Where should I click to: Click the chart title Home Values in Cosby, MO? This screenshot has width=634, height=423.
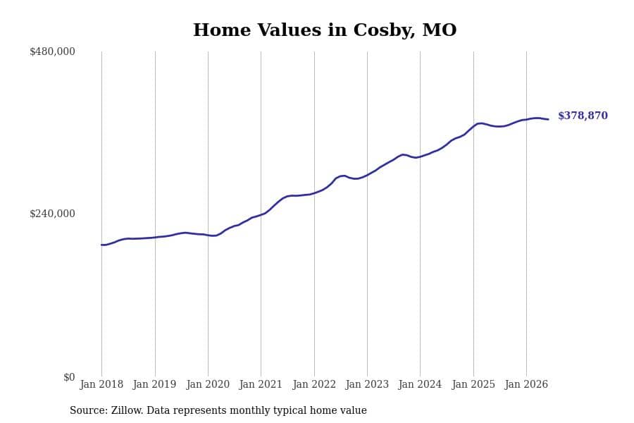tap(325, 30)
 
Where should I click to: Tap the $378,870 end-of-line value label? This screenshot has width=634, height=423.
tap(583, 116)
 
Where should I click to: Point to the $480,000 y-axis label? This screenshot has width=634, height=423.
tap(52, 51)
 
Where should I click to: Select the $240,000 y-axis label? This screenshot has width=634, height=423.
tap(52, 214)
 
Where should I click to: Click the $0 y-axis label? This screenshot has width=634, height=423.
tap(69, 377)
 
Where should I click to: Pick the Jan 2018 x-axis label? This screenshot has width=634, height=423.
tap(101, 384)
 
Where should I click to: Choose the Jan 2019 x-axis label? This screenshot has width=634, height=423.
tap(154, 384)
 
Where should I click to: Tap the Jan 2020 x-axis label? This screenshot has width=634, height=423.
tap(208, 384)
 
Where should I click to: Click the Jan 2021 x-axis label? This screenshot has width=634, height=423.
tap(261, 384)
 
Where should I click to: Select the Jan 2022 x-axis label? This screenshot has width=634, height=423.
tap(314, 384)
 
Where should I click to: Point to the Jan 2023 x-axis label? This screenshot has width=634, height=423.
tap(367, 384)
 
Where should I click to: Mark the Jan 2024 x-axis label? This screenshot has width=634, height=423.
tap(420, 384)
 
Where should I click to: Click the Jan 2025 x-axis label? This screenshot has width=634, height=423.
tap(473, 384)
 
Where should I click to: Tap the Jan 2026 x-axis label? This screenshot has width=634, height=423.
tap(526, 384)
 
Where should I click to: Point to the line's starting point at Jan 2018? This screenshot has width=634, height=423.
tap(101, 245)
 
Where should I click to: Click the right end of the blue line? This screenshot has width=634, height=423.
tap(548, 119)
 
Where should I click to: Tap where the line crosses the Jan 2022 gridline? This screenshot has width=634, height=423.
tap(314, 193)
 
